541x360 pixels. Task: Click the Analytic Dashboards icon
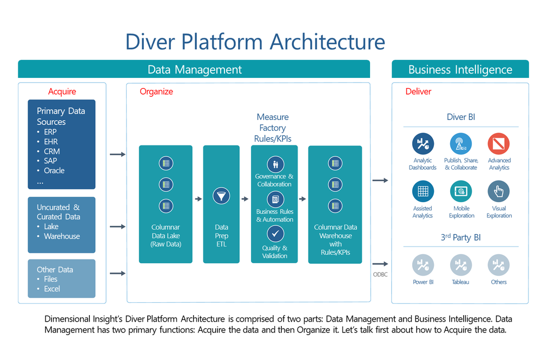point(423,144)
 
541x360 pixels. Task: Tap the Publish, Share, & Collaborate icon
point(461,144)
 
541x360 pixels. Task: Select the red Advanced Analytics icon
point(499,144)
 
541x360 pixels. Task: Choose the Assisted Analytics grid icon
point(423,192)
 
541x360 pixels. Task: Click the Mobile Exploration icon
point(461,192)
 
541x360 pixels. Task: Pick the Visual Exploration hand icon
point(499,192)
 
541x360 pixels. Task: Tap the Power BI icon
point(423,265)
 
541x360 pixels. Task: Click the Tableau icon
point(461,265)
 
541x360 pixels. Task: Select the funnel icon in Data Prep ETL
point(221,196)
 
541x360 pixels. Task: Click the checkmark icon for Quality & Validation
point(275,234)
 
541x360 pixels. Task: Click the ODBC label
point(380,275)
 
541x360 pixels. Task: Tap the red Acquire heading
point(62,91)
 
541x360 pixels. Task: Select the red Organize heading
point(156,91)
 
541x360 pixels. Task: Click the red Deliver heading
point(419,91)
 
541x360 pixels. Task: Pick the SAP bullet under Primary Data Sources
point(50,161)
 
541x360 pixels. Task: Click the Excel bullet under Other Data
point(52,289)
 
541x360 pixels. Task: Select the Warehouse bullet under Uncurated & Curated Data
point(62,236)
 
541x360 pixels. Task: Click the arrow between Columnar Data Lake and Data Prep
point(198,199)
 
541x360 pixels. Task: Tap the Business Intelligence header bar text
point(460,70)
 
